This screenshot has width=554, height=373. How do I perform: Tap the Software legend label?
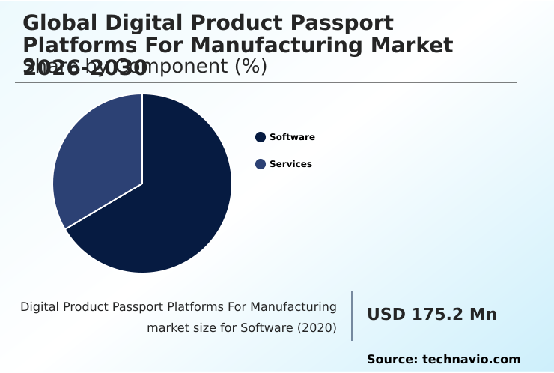coord(292,137)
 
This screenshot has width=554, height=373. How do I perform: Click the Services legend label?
coord(290,164)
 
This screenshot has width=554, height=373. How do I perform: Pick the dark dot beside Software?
coord(261,137)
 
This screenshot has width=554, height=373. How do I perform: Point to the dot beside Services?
coord(261,164)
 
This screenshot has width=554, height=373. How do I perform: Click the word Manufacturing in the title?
coord(271,46)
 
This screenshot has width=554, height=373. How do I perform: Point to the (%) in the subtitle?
coord(251,67)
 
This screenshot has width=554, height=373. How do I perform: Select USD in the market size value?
coord(385,315)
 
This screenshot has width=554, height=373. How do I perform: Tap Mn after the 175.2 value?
coord(483,315)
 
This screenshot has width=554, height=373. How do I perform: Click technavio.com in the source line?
coord(471,360)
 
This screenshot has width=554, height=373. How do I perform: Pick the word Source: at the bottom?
coord(392,360)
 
